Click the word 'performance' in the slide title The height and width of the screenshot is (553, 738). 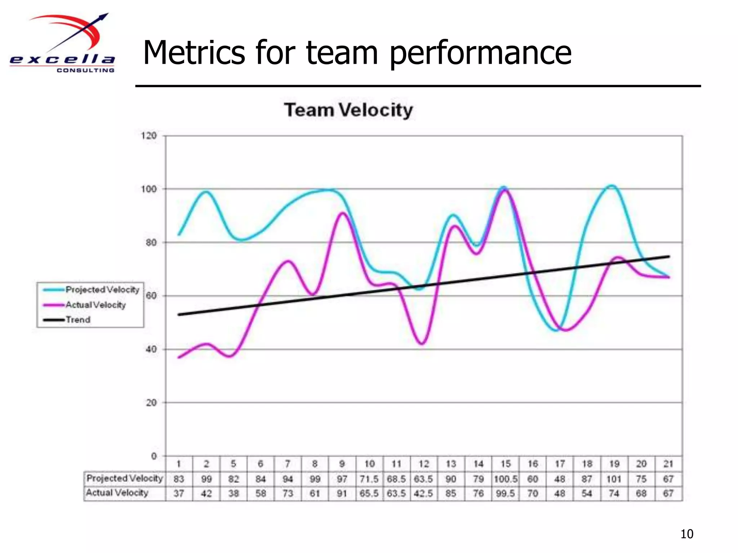pos(481,53)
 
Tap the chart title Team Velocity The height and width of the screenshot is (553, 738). pos(348,110)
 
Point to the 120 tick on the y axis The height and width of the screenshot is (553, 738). pos(148,136)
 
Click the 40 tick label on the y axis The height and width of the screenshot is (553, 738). pos(151,349)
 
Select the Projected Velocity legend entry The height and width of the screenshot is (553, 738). pos(102,290)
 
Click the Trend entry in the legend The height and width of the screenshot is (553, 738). pos(78,320)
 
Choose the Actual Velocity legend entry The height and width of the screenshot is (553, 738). pos(95,305)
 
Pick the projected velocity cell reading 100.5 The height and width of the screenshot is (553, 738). pos(505,479)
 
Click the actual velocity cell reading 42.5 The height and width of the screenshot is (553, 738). pos(423,494)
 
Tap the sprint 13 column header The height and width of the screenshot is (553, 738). pos(451,464)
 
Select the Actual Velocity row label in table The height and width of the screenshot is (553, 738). pos(117,493)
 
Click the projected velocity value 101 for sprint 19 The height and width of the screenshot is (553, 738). pos(614,479)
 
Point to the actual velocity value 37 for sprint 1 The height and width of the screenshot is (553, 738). pos(179,494)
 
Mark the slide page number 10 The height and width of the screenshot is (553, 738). pos(686,534)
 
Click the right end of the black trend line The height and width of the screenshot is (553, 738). pos(669,256)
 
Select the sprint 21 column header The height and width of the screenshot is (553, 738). pos(668,464)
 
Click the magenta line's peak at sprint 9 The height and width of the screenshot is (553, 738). pos(342,213)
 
